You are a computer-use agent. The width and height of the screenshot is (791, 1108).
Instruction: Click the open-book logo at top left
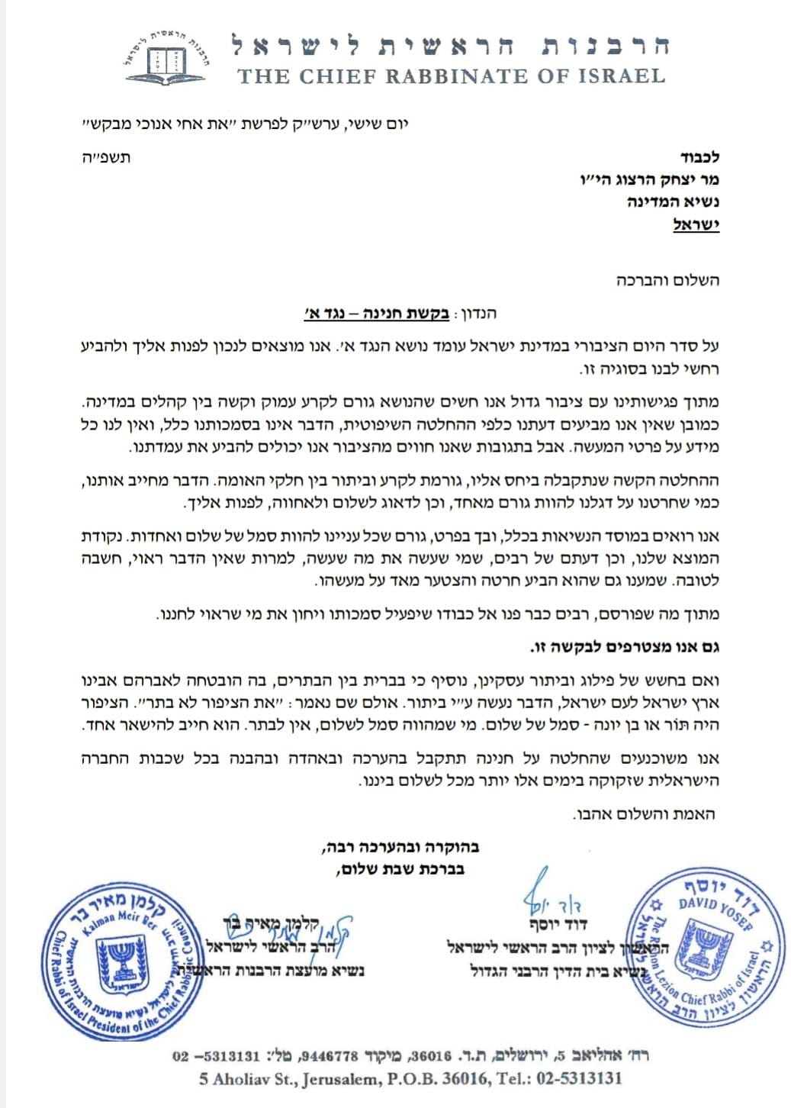tap(166, 58)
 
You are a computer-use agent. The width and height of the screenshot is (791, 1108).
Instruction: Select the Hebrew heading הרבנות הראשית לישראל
tap(450, 44)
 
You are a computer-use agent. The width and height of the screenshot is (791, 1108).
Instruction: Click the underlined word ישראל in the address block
tap(696, 225)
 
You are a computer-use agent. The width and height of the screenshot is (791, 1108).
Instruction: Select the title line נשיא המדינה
tap(677, 202)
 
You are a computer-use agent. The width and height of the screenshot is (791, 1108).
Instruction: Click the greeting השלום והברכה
tap(668, 280)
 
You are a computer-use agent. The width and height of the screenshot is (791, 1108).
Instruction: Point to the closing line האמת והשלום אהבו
tap(645, 814)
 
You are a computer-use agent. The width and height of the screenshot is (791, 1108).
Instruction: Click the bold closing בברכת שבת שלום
tap(398, 868)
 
